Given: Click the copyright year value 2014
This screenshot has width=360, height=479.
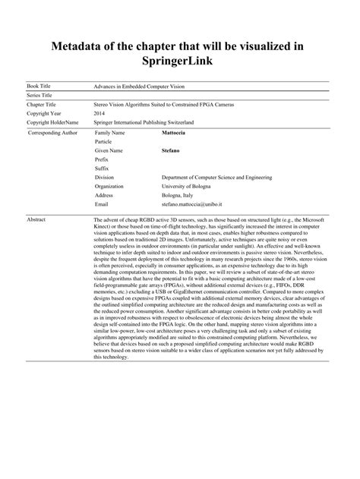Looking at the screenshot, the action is [x=99, y=112].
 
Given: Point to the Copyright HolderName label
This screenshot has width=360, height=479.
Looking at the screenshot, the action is [x=52, y=122].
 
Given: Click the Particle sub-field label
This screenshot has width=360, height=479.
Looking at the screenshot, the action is [x=103, y=142].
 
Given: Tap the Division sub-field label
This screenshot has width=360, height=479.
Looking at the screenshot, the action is [x=105, y=177].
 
